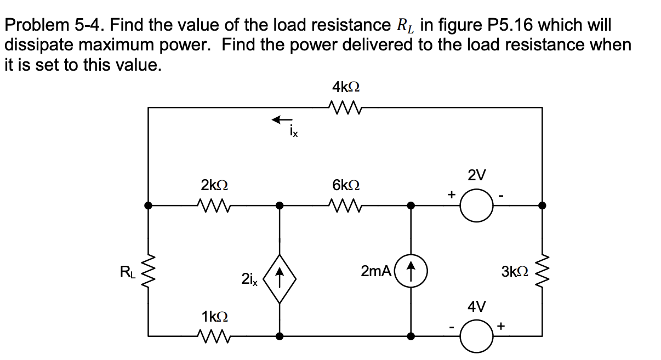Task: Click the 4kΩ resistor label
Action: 346,87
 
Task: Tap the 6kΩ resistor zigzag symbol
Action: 346,205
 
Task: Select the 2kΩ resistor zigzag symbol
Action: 215,205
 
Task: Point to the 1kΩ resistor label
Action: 215,316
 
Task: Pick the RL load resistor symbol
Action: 148,270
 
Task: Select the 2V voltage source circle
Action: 476,206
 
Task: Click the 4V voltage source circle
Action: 476,335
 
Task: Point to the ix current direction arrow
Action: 283,119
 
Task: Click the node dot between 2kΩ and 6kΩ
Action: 280,205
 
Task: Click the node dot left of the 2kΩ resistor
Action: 148,205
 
